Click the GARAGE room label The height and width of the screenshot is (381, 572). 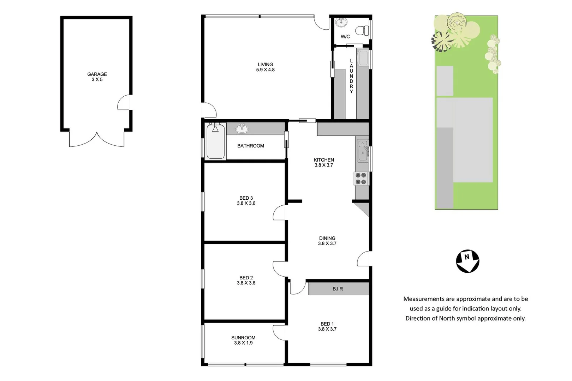(97, 74)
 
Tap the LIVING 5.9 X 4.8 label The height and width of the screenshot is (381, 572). (265, 67)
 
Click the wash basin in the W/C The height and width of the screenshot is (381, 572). (341, 23)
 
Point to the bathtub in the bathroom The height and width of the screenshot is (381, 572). (215, 141)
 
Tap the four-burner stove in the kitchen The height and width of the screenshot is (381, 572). (361, 179)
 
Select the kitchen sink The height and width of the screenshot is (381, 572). (362, 150)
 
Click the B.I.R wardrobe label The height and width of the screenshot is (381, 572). (338, 289)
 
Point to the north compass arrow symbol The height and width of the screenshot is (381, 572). (467, 261)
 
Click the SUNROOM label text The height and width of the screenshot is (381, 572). (243, 338)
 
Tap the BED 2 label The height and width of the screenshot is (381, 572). (246, 278)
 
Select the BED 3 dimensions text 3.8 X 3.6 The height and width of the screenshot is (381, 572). (246, 203)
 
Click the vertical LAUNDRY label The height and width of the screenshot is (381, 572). (351, 76)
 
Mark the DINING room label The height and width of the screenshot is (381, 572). (327, 238)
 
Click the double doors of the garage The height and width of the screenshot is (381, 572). (97, 139)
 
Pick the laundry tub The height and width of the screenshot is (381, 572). (363, 58)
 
